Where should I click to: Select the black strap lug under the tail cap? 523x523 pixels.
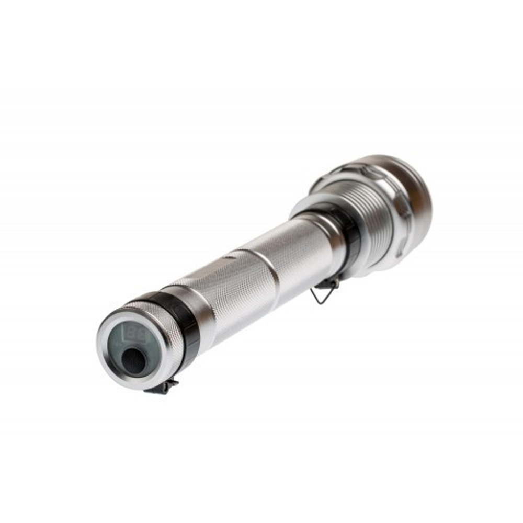point(163,386)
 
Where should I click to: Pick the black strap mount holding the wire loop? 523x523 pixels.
point(328,283)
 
